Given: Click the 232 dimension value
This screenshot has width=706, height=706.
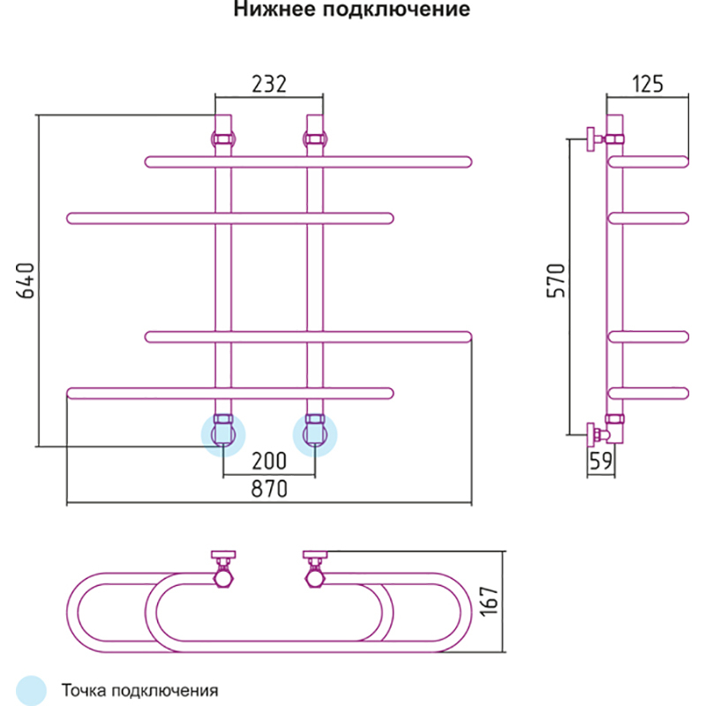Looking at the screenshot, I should tap(269, 85).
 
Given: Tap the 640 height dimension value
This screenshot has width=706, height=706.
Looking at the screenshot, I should tap(26, 280).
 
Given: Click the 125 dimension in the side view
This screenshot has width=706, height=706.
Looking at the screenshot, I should tap(648, 85).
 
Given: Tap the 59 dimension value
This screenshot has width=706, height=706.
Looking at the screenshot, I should tap(601, 460).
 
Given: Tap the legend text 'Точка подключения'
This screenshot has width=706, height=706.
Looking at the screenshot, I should tap(139, 689).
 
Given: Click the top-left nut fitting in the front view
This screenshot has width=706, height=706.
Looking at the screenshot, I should tap(222, 139).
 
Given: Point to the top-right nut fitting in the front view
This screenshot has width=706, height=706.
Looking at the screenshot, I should tap(315, 139).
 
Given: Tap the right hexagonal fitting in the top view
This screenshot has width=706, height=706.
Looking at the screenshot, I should tap(315, 578).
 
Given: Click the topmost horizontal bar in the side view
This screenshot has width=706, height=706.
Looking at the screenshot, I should tap(650, 161).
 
